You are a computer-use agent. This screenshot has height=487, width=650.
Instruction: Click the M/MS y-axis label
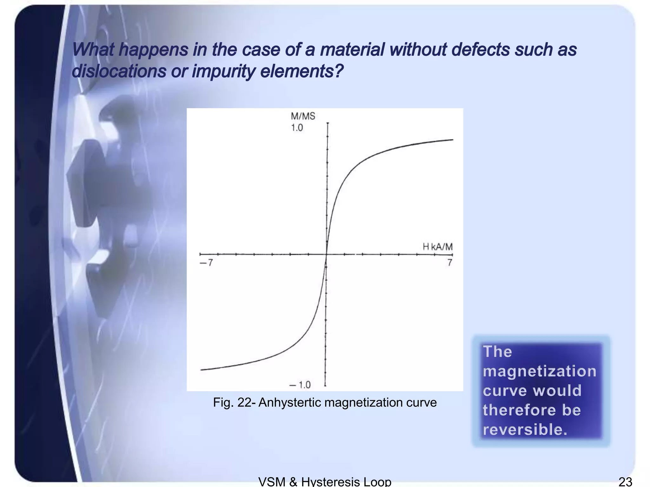(303, 116)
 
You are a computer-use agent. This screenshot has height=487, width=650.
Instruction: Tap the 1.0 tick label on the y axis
(297, 128)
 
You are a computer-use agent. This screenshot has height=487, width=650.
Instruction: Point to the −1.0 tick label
(300, 385)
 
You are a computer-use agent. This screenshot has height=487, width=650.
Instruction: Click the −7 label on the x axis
(206, 263)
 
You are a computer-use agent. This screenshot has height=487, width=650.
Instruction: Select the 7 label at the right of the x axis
(449, 263)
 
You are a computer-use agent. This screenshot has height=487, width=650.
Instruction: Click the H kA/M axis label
(438, 247)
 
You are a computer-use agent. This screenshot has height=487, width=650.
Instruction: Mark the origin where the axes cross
(327, 254)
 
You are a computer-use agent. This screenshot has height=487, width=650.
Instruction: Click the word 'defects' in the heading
(480, 50)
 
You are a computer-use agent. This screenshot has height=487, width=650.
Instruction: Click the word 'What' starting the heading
(93, 50)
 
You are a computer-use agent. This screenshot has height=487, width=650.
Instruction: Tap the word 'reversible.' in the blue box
(525, 430)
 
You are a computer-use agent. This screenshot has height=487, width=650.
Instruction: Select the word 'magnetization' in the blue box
(539, 371)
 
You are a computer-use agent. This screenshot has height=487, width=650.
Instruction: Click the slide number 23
(625, 482)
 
